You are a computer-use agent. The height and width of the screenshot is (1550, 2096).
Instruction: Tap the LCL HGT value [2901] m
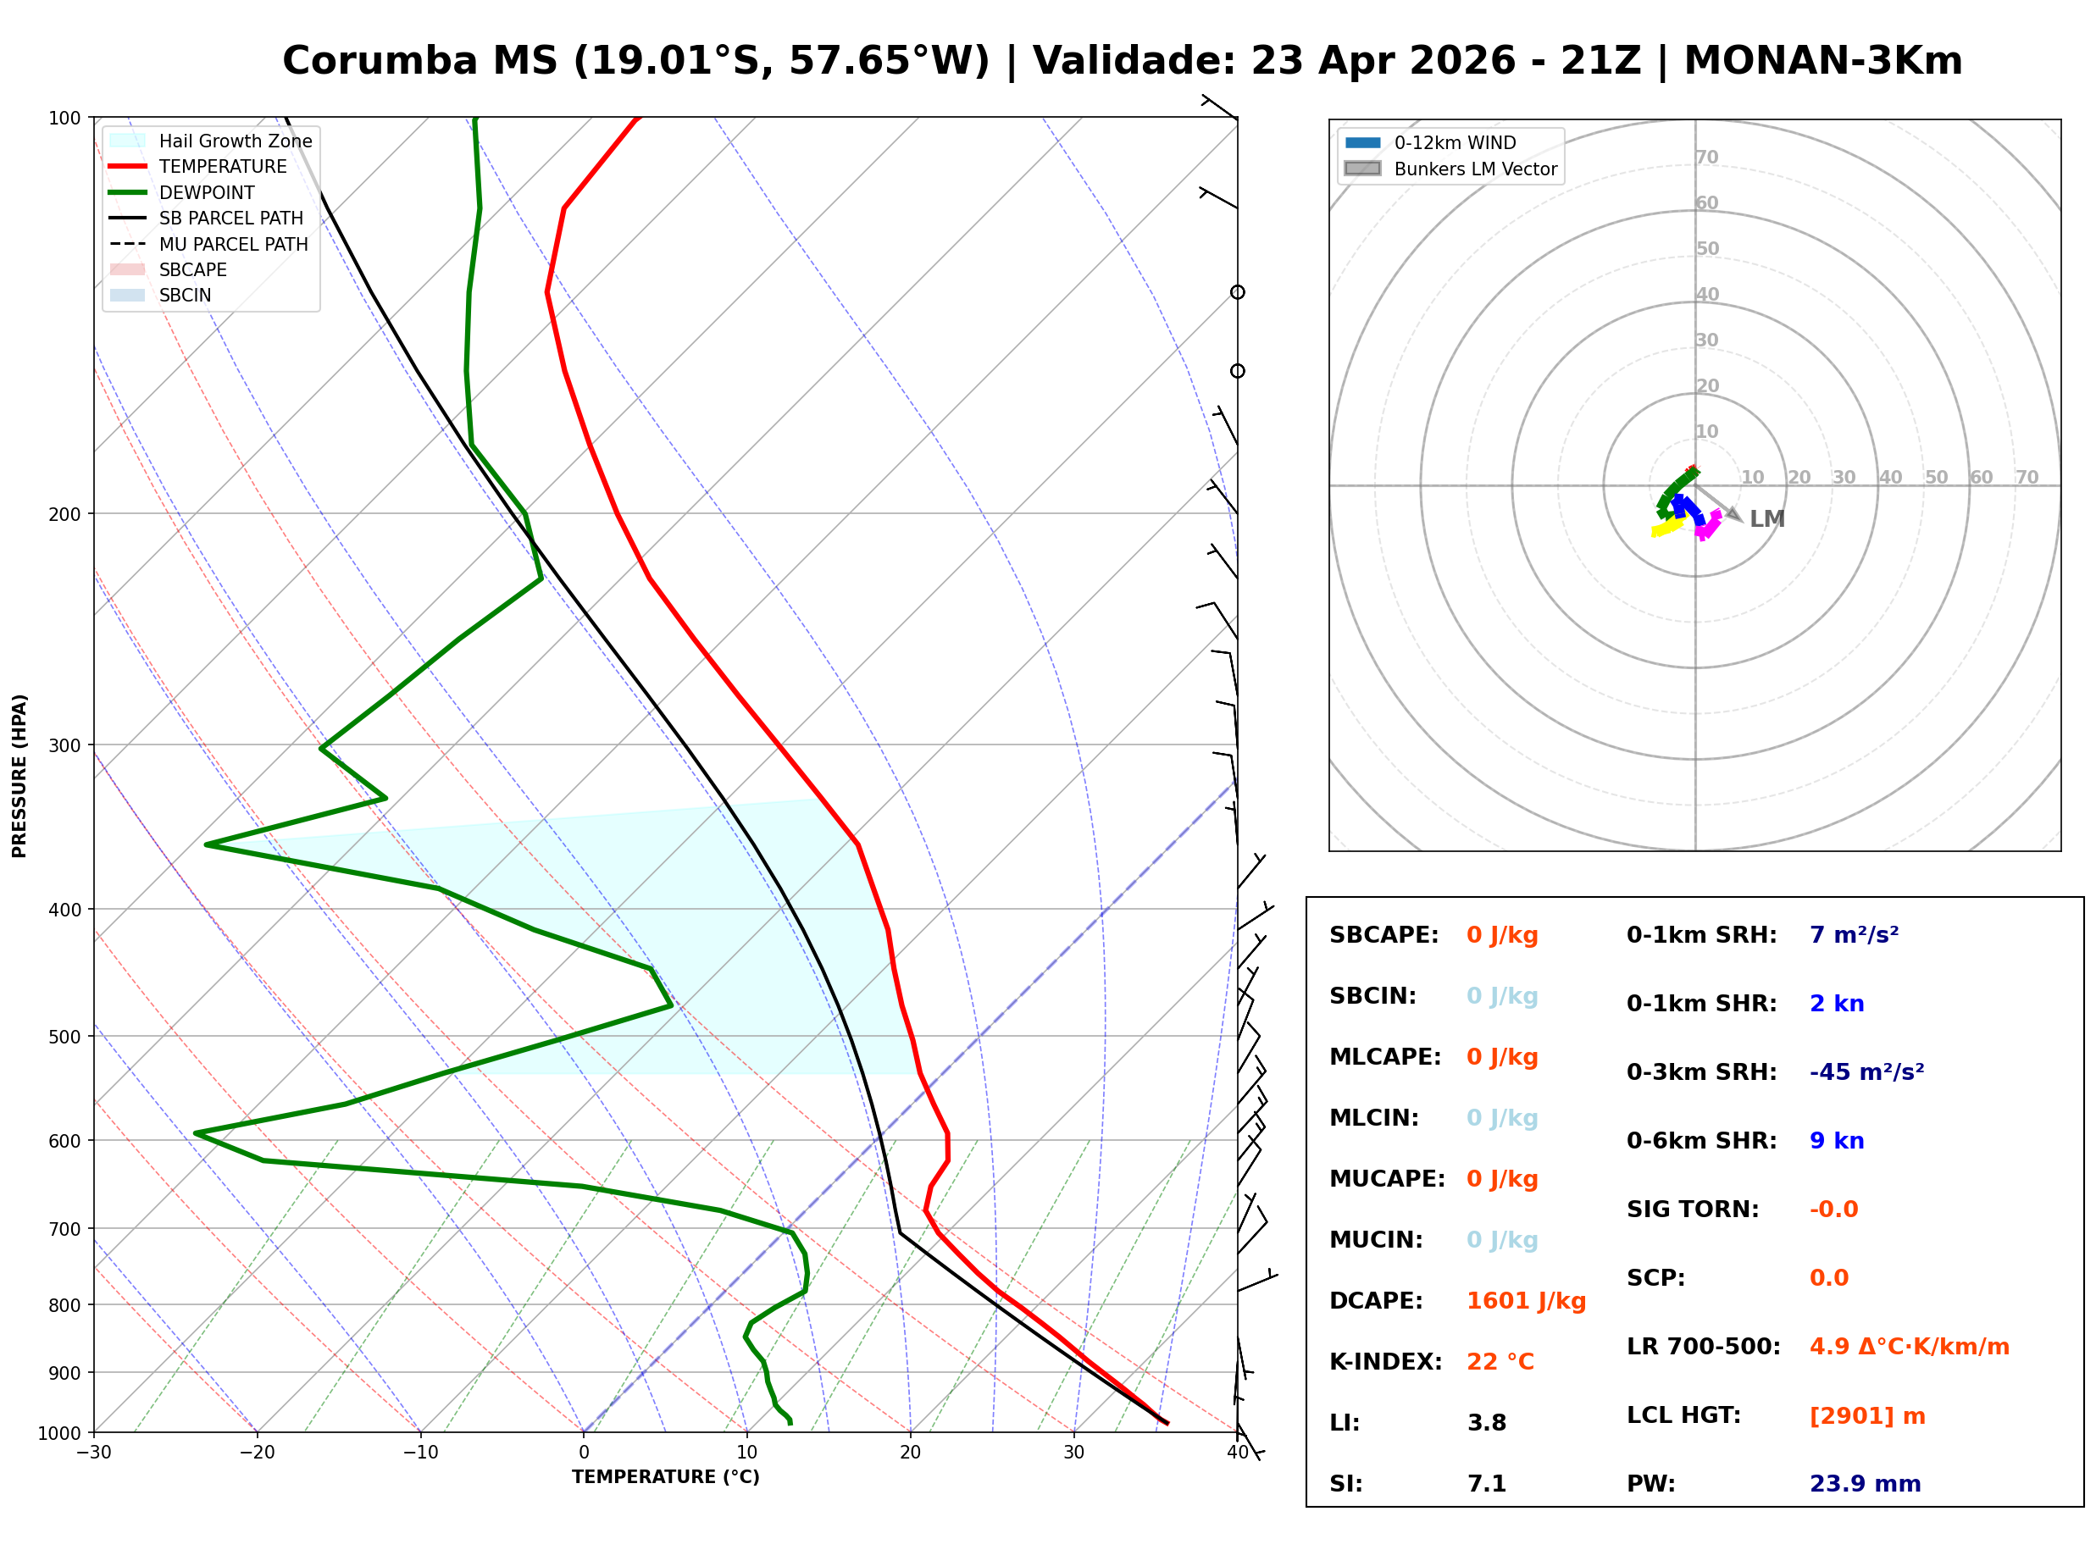1867,1416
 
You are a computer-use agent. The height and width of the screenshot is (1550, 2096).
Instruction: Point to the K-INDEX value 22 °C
1500,1362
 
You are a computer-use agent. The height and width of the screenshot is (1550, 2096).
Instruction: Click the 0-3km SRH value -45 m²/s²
1866,1072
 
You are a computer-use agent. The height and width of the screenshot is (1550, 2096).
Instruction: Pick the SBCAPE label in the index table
1383,935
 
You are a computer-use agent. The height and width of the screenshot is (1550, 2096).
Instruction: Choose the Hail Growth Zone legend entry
235,141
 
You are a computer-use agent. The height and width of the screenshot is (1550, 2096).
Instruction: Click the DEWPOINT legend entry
207,192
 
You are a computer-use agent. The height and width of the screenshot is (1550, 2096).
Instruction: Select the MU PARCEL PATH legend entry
233,244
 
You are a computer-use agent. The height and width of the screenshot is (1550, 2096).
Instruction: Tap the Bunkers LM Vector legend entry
1475,169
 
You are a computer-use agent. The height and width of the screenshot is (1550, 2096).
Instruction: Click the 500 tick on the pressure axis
64,1037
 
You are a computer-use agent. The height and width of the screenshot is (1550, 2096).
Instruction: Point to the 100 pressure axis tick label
64,119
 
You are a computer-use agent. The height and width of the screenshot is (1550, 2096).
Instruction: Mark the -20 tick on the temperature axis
257,1453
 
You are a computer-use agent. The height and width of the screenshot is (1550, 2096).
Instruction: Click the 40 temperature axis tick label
1237,1453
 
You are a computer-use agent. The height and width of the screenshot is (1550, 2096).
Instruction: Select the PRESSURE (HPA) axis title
19,775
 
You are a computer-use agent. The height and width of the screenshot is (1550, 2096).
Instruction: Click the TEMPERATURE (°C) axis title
665,1478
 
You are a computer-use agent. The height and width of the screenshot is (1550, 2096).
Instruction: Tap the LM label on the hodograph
1766,519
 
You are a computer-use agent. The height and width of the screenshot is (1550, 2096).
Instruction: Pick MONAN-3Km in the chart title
1822,61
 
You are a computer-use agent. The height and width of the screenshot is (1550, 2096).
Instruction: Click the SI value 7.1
1486,1484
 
